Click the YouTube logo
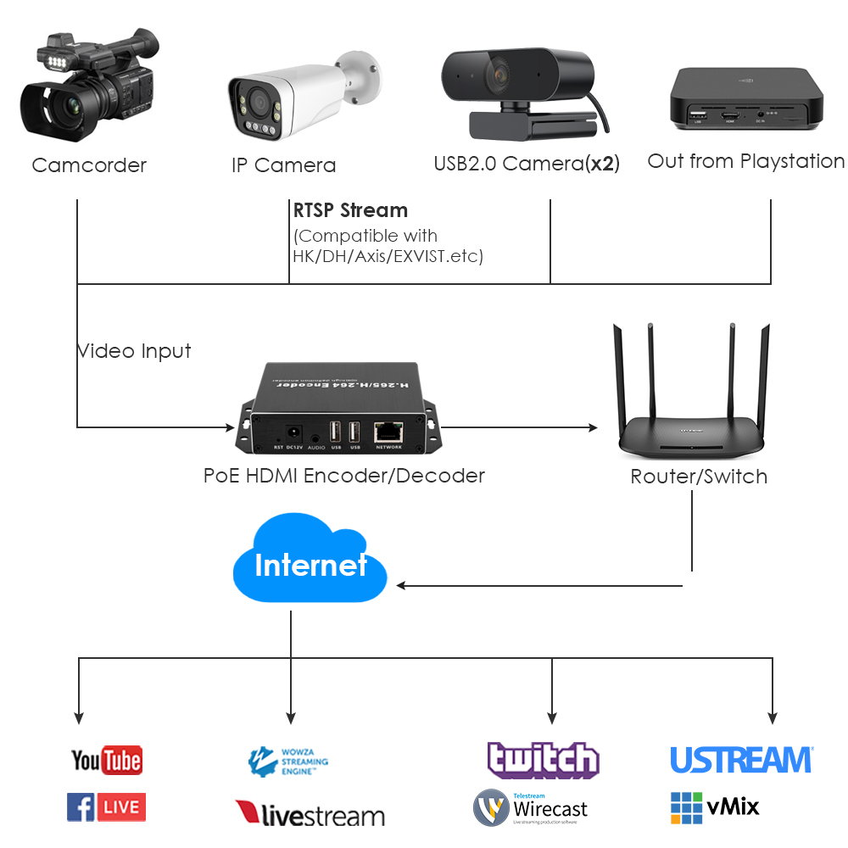[106, 760]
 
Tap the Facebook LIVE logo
[106, 807]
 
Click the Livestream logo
[310, 814]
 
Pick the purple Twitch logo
[543, 760]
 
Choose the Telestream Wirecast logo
[531, 808]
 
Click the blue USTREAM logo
[741, 760]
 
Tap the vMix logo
[715, 807]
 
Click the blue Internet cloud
[310, 564]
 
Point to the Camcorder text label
[89, 165]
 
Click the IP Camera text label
[283, 165]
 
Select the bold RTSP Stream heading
[350, 210]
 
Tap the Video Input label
[134, 351]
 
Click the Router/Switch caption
[699, 477]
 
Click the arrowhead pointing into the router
[593, 427]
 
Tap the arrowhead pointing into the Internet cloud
[401, 585]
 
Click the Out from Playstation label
[746, 161]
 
